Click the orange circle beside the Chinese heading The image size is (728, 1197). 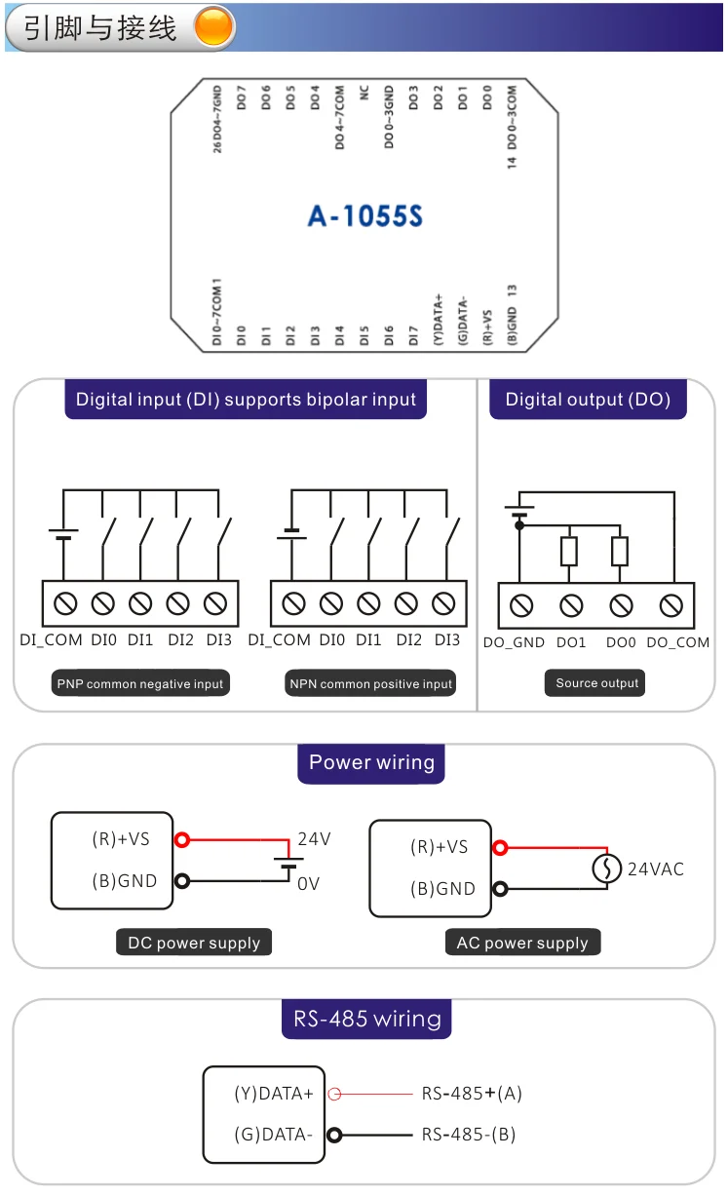tap(214, 27)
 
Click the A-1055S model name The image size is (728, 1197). tap(365, 215)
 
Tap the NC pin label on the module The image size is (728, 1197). tap(364, 93)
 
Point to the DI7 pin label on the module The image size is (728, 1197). tap(413, 336)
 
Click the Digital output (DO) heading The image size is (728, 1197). tap(588, 400)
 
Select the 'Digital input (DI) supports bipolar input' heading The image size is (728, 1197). tap(246, 400)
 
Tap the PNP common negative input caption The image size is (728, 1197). tap(140, 684)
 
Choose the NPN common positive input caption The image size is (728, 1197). tap(371, 684)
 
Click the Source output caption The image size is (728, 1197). tap(596, 683)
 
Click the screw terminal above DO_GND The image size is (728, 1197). tap(521, 606)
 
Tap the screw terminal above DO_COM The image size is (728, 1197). tap(671, 606)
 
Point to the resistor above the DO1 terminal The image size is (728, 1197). tap(569, 552)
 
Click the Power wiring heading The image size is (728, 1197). tap(371, 762)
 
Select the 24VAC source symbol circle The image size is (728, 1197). tap(607, 868)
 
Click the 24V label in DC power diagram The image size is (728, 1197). tap(314, 839)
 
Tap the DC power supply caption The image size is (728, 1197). tap(194, 943)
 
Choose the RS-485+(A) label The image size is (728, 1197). tap(472, 1094)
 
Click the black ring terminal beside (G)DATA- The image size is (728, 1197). tap(335, 1135)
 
